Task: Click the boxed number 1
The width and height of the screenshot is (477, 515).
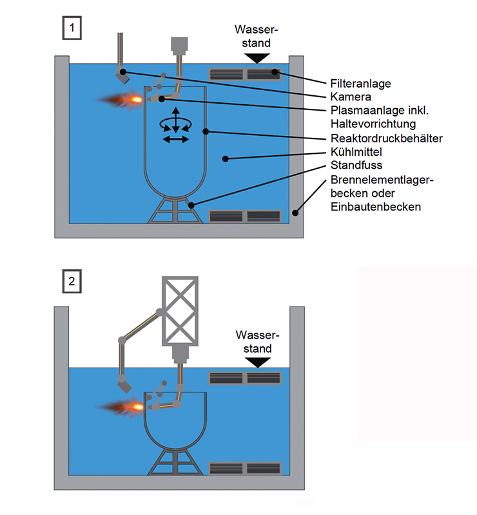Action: click(x=71, y=28)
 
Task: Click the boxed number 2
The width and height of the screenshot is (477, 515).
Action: click(x=71, y=281)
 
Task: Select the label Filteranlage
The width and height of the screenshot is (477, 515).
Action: click(x=360, y=84)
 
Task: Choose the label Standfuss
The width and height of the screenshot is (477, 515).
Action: click(x=354, y=165)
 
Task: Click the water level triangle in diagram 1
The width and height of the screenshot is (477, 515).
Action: click(x=258, y=58)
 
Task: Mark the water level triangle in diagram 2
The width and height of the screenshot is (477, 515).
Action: click(x=258, y=362)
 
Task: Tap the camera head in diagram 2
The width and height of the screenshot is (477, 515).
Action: click(x=124, y=386)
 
